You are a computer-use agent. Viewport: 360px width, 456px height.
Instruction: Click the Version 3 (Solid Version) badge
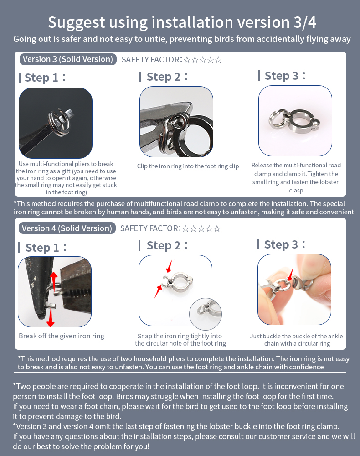68,59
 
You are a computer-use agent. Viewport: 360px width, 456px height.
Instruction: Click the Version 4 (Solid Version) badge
67,228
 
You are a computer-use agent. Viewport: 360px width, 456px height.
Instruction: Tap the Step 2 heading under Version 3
164,77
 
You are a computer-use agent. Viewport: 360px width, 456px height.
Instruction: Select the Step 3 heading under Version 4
281,244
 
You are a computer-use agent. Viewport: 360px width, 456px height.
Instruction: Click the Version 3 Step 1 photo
56,123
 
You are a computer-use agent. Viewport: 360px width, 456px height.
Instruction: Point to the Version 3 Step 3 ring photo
295,121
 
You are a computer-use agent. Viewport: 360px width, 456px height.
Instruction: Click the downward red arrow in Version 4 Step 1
51,317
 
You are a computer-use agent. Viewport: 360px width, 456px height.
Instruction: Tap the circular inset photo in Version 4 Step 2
206,314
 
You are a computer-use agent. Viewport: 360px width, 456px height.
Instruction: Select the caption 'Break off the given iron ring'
62,336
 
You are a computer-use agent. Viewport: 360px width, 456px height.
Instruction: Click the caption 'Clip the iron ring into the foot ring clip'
188,166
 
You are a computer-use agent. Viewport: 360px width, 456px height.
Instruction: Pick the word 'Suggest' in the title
77,23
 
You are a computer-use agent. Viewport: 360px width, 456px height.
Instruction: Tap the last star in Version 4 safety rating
217,228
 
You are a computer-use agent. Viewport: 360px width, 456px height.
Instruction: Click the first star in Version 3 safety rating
187,60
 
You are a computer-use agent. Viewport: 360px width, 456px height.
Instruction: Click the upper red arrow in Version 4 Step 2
169,266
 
